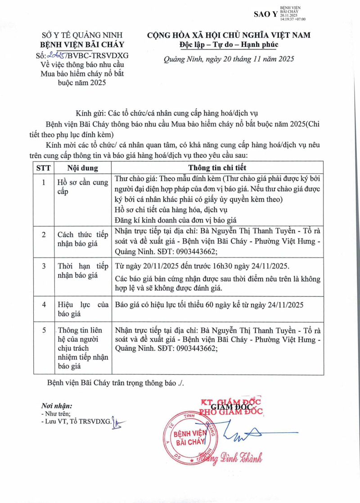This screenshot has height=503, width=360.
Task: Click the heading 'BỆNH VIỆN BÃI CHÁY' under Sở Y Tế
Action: [x=82, y=45]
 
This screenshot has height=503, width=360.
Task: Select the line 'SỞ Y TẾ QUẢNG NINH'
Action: [x=82, y=35]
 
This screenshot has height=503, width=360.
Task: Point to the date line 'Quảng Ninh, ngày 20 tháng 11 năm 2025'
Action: [x=229, y=59]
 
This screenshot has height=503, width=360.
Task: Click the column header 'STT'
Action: [x=44, y=167]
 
